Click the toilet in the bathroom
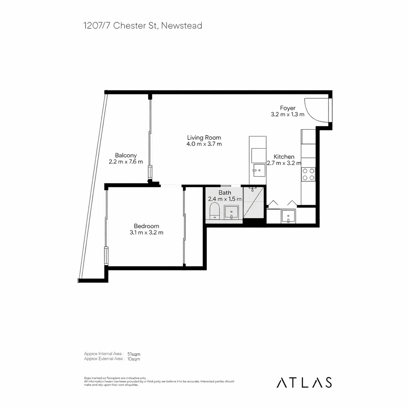pos(214,210)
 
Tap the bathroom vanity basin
pos(231,212)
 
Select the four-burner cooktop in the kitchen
pos(308,174)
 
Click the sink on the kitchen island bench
pos(260,171)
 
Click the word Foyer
pos(287,108)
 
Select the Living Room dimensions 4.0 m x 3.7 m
pos(204,144)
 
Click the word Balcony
pos(126,155)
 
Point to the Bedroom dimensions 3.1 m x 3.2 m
pos(146,233)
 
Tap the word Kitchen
pos(284,157)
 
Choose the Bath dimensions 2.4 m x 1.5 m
pos(224,199)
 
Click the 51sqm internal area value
pos(134,354)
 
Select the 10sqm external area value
pos(134,359)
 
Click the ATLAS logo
pos(304,382)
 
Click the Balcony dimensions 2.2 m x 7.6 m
pos(126,162)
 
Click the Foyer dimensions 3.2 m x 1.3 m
pos(287,114)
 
